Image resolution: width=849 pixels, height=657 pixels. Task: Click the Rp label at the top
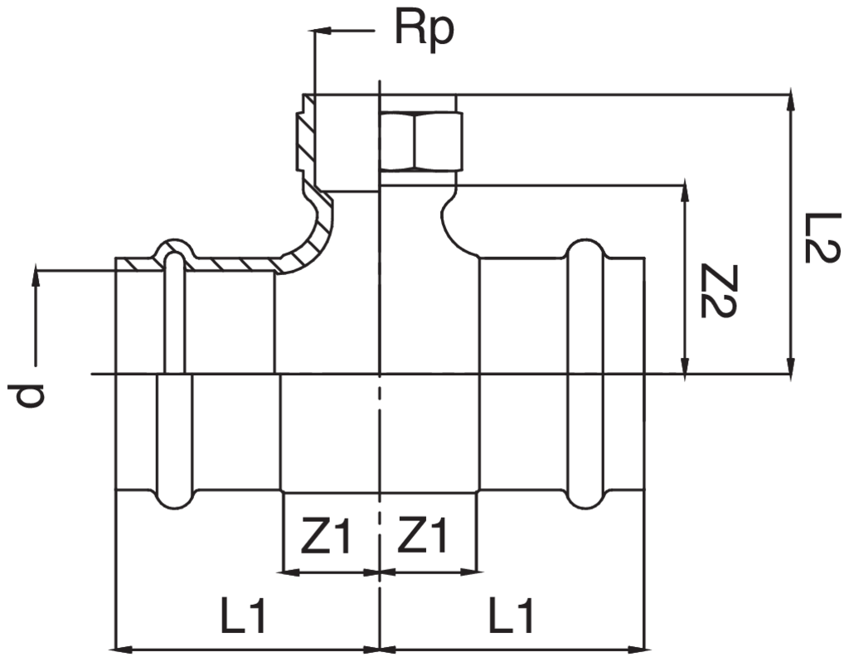pos(424,31)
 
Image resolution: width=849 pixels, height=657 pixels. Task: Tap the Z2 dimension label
pos(715,291)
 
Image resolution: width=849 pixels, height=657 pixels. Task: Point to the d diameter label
pos(32,395)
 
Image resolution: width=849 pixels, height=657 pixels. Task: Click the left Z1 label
pos(326,537)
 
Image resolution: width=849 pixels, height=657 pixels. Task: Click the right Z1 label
pos(423,537)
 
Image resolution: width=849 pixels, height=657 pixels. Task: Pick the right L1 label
pos(510,618)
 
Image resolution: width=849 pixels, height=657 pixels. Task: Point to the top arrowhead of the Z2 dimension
pos(685,191)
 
